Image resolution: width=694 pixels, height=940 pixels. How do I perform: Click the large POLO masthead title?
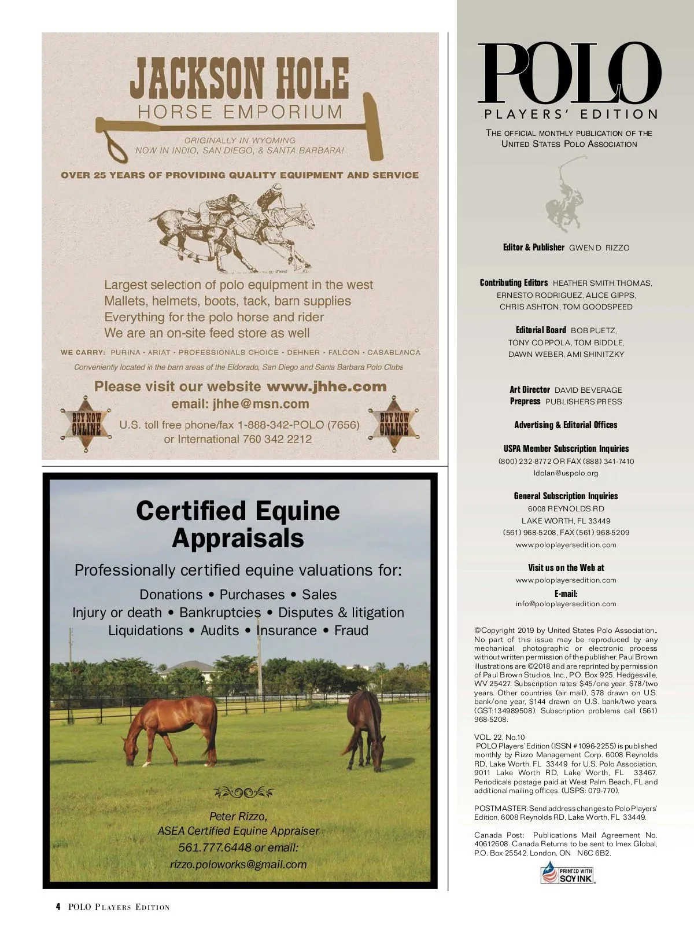569,73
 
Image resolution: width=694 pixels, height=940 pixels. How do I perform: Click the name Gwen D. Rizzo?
599,248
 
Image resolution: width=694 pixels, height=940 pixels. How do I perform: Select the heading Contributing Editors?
514,283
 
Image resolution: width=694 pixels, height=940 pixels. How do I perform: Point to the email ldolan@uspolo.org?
566,473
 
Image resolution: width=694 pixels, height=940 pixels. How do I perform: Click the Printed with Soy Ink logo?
568,873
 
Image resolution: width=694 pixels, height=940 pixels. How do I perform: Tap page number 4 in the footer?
58,906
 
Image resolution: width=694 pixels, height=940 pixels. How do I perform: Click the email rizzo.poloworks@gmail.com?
238,864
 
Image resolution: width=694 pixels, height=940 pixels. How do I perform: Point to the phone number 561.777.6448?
215,847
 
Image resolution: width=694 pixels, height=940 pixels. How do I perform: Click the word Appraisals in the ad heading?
238,538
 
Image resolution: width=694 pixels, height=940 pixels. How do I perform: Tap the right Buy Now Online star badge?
394,424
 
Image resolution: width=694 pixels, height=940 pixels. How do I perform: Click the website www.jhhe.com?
326,386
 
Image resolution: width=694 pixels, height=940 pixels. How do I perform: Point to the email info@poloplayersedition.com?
566,603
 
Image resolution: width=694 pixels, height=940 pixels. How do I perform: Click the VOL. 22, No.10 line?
499,737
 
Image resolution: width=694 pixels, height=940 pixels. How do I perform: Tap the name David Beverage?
588,390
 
